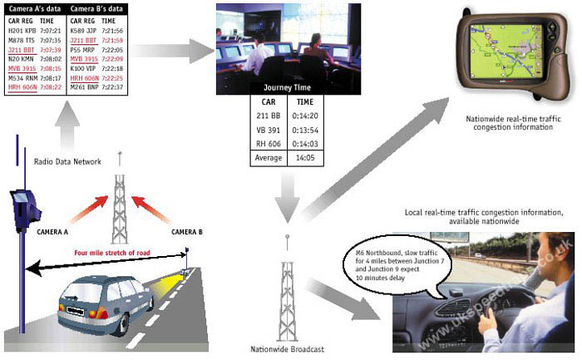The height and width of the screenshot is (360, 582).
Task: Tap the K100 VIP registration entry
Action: click(83, 68)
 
